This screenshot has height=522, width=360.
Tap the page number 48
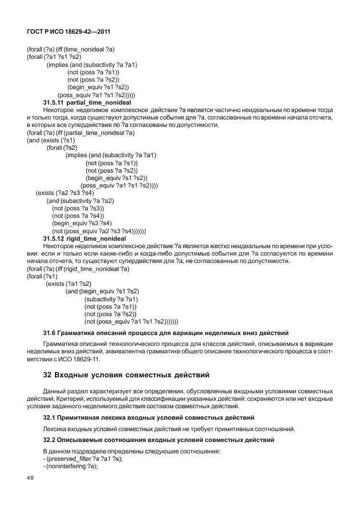[x=30, y=478]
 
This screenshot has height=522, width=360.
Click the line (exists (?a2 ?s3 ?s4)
[x=65, y=193]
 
